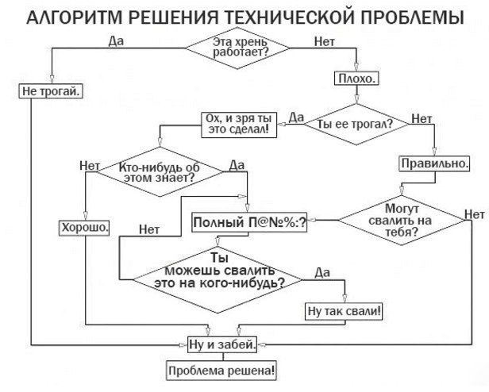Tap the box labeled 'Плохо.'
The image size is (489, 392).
coord(357,79)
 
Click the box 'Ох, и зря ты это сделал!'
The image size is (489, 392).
coord(238,125)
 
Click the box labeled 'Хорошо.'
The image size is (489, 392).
coord(84,227)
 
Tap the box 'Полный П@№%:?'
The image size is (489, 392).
coord(249,224)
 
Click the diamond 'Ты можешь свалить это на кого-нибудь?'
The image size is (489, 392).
coord(218,274)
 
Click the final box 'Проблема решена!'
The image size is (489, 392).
coord(221,369)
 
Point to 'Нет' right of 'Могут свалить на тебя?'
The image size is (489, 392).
coord(474,214)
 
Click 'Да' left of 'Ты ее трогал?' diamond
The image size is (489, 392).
coord(296,117)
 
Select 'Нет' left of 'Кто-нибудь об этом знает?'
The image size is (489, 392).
coord(89,167)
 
